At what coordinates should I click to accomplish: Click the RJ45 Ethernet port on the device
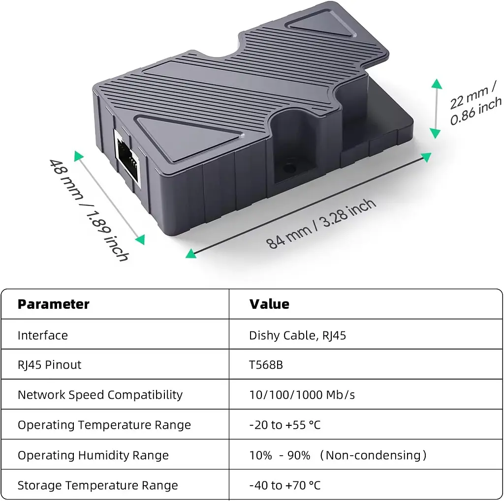tap(128, 158)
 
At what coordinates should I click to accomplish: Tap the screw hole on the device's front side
tap(289, 168)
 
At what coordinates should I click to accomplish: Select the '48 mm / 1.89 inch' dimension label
tap(90, 209)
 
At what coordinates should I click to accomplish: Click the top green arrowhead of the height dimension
tap(437, 84)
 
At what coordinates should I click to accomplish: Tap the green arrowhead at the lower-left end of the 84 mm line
tap(191, 253)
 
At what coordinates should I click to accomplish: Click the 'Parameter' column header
tap(53, 304)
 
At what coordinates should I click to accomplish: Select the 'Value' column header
tap(269, 304)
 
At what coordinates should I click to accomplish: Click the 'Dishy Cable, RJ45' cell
tap(297, 335)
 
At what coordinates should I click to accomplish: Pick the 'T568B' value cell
tap(266, 365)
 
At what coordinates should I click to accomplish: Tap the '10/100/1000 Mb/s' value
tap(302, 395)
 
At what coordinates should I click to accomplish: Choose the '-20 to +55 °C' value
tap(285, 425)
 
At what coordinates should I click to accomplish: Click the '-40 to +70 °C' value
tap(285, 485)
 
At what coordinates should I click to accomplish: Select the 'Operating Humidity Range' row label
tap(93, 455)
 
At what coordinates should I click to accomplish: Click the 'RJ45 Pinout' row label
tap(50, 365)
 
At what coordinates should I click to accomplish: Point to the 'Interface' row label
tap(43, 335)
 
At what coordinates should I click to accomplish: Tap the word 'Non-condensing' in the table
tap(373, 455)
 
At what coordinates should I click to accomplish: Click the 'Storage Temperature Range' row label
tap(98, 485)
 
